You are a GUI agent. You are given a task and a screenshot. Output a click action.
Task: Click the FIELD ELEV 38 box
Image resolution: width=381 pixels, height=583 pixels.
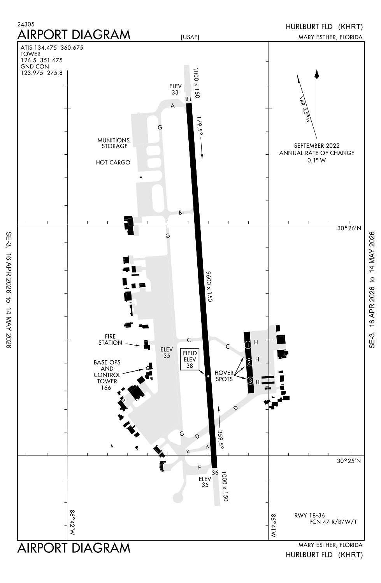(x=190, y=359)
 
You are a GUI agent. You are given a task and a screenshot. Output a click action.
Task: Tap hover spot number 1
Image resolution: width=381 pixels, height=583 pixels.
(x=248, y=345)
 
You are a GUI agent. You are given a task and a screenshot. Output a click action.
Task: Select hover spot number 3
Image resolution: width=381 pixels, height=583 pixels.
(x=250, y=380)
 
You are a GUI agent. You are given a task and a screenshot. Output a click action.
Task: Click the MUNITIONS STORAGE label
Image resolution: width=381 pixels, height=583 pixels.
(x=113, y=143)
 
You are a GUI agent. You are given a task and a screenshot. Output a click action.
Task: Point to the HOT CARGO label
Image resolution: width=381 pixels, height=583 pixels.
(x=113, y=162)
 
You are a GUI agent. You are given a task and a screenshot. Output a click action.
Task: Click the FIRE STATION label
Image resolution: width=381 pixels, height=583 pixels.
(x=110, y=340)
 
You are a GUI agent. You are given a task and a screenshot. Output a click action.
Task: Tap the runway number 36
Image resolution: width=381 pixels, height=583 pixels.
(x=215, y=473)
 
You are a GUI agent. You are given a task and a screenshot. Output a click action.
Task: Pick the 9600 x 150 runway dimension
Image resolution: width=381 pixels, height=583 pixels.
(x=209, y=286)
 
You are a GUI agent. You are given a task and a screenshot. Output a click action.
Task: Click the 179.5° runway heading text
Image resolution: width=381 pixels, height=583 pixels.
(x=200, y=127)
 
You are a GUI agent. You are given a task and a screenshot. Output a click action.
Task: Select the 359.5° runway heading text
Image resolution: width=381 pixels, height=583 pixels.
(x=221, y=440)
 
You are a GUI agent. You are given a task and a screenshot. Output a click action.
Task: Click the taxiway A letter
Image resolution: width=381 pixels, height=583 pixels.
(x=173, y=106)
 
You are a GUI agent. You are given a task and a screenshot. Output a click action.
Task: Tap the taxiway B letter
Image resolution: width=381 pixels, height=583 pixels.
(x=180, y=213)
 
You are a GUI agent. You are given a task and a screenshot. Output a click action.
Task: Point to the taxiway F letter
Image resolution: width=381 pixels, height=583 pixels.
(x=199, y=468)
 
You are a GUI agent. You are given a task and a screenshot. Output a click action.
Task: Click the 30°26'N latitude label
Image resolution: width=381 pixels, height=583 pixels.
(x=349, y=229)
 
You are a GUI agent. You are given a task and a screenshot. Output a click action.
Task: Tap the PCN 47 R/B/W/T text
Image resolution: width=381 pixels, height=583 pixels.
(x=333, y=522)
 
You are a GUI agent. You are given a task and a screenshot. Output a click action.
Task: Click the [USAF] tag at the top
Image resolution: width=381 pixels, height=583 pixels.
(x=190, y=37)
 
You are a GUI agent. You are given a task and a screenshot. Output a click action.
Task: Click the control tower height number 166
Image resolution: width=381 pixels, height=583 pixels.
(x=106, y=388)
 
